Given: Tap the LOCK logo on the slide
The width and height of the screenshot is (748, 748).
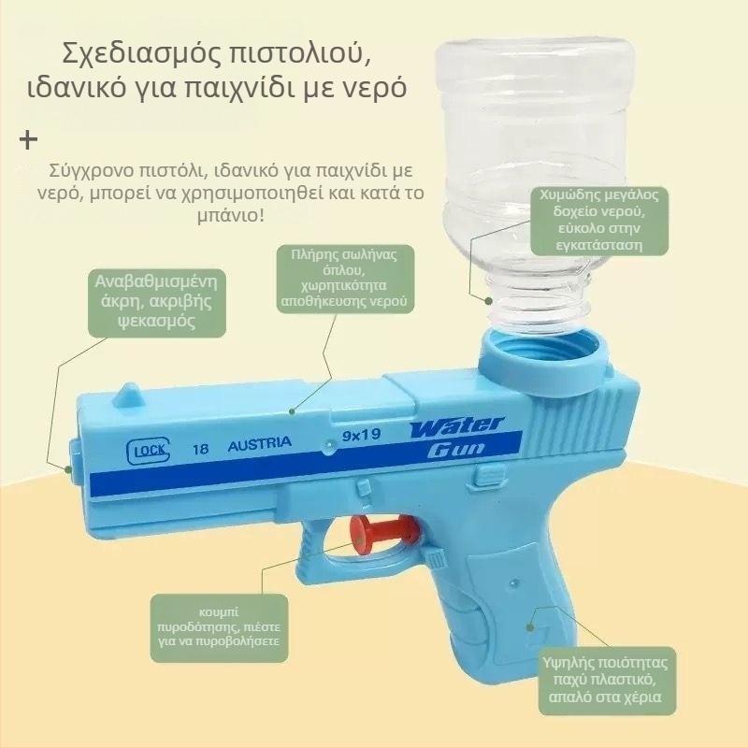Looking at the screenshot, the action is (x=148, y=451).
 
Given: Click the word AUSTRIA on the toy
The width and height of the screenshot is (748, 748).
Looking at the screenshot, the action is (x=260, y=443).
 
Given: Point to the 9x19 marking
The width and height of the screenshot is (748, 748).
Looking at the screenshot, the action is (x=362, y=435).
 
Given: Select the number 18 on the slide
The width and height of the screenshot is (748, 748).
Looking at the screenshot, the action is (x=200, y=449).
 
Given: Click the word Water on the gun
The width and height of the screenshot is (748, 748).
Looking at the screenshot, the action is (x=456, y=426).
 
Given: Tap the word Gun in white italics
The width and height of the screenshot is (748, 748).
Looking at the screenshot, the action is (x=455, y=450).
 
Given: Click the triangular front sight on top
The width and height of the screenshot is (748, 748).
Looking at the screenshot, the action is (x=128, y=395).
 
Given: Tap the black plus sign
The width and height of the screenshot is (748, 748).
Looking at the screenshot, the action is (x=28, y=139).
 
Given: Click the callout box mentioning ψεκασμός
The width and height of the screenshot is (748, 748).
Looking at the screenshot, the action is (x=157, y=302).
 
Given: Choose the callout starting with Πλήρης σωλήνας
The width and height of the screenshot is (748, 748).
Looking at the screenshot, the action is (x=345, y=278).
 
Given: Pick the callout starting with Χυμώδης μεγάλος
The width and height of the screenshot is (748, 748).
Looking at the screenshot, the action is (x=599, y=221).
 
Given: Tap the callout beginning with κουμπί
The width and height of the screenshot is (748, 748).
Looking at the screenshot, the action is (x=219, y=627).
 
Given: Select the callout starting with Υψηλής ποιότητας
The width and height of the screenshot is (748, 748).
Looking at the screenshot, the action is (x=607, y=681).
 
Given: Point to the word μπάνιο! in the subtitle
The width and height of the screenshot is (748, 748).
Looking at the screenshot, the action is (x=230, y=216).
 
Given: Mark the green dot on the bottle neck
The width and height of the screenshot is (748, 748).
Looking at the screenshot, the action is (x=488, y=301).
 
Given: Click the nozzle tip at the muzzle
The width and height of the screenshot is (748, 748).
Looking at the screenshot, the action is (x=73, y=462).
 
